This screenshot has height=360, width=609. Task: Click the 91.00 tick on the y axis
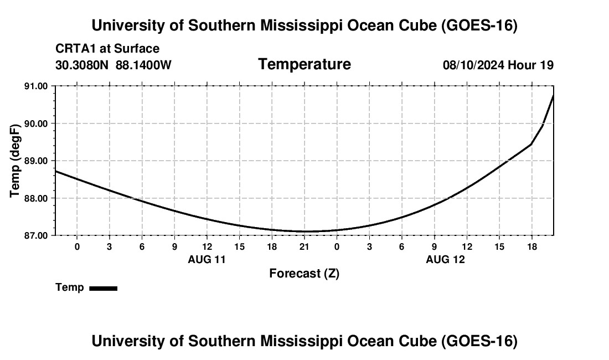click(36, 86)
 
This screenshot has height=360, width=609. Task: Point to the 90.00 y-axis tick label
click(36, 124)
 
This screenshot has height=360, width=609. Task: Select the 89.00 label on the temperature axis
click(36, 161)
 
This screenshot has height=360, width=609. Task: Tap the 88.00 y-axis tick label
click(36, 198)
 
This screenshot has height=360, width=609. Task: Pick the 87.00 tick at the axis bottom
click(36, 236)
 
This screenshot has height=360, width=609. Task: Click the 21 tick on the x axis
click(304, 246)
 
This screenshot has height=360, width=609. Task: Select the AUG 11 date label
click(207, 259)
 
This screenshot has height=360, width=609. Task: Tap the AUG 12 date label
click(445, 259)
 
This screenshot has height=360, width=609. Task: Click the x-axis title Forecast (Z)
click(304, 274)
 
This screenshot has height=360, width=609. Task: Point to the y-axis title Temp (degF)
click(15, 161)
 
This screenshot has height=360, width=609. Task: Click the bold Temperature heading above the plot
click(304, 64)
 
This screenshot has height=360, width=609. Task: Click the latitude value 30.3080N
click(82, 65)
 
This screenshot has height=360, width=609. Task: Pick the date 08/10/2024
click(474, 65)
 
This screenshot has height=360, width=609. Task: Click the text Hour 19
click(530, 65)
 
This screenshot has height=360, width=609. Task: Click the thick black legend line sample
click(104, 288)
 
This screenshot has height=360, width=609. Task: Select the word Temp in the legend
click(70, 287)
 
